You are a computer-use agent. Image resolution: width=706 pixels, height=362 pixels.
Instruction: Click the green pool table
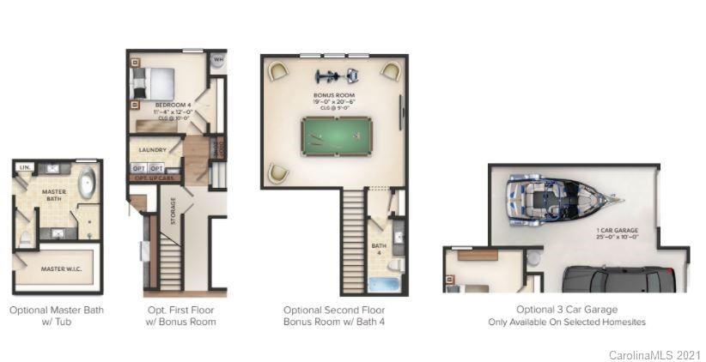(336, 136)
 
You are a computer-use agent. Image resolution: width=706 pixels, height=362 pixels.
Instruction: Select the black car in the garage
(618, 280)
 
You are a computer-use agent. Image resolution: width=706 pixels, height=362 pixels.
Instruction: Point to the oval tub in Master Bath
(87, 185)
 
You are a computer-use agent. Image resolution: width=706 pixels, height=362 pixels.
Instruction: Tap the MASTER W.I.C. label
(58, 268)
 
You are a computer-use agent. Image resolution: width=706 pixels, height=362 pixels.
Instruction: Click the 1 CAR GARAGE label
(617, 230)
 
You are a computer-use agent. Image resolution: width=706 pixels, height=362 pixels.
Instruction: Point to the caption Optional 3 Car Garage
(567, 310)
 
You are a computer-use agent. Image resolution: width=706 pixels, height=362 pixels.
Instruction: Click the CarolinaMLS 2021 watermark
(654, 354)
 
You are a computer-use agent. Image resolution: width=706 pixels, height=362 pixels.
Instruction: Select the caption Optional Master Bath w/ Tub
(57, 316)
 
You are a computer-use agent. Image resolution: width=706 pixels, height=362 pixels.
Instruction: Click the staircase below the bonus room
(353, 241)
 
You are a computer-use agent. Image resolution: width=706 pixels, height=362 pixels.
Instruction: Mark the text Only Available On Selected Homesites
(567, 322)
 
